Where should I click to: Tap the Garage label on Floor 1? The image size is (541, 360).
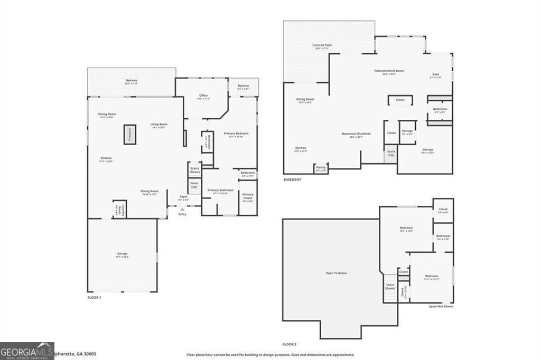[123, 255]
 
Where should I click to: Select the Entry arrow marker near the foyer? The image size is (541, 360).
[182, 210]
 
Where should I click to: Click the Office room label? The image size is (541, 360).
[203, 97]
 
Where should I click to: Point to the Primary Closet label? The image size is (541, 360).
[248, 196]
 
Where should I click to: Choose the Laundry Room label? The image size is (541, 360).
[119, 209]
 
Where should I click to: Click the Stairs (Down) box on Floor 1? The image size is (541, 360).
[194, 170]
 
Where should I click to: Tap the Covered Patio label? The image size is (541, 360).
[322, 47]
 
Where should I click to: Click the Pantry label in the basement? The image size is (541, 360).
[321, 169]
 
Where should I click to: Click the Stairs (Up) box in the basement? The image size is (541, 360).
[391, 154]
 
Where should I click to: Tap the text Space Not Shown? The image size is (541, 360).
[440, 306]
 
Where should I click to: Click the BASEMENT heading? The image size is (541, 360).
[293, 179]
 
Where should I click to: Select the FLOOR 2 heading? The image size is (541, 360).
[290, 344]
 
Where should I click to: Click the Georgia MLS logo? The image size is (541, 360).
[27, 350]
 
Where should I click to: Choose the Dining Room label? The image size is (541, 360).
[150, 192]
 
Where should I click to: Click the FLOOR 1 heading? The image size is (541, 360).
[94, 298]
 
